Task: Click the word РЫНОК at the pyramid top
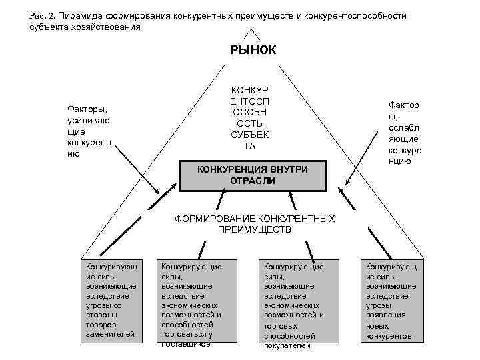pos(253,49)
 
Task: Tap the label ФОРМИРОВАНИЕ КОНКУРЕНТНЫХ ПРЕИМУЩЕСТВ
pos(254,224)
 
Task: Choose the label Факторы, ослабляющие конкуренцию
pos(405,133)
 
